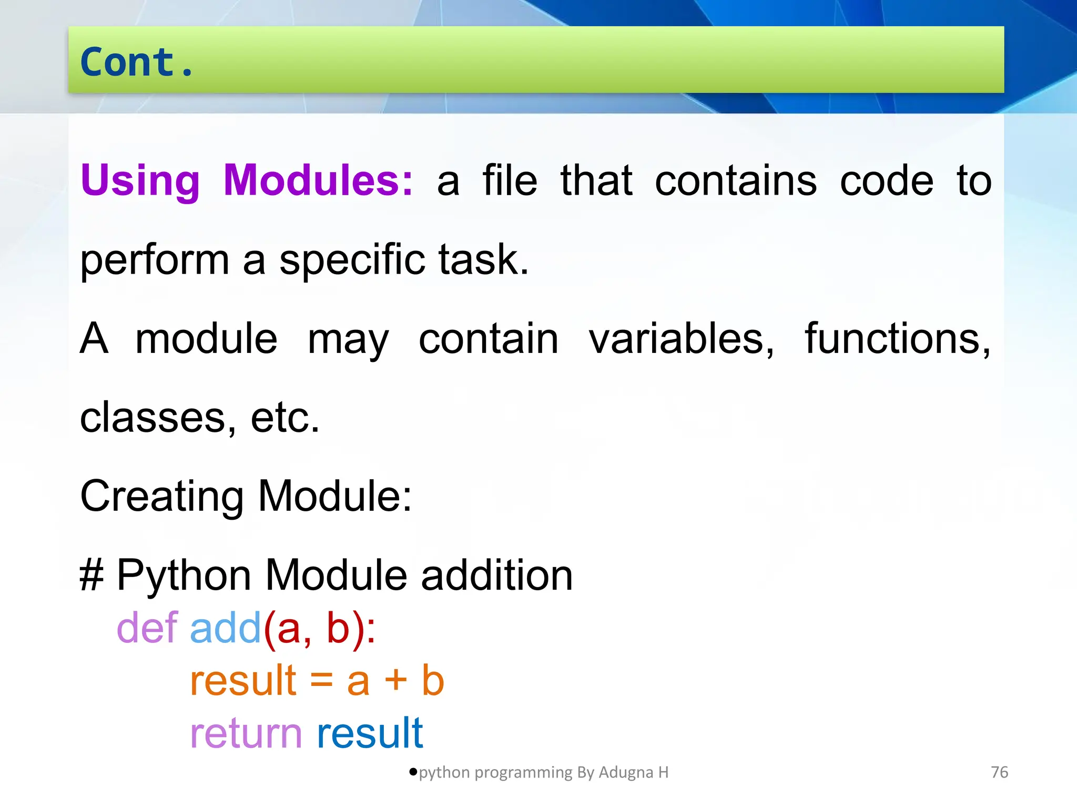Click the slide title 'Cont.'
tap(137, 62)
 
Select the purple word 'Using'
tap(140, 180)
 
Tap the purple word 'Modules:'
tap(318, 180)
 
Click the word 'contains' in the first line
tap(736, 180)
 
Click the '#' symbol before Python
tap(92, 575)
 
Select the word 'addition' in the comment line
tap(496, 575)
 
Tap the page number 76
tap(999, 772)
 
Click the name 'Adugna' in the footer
tap(626, 772)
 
